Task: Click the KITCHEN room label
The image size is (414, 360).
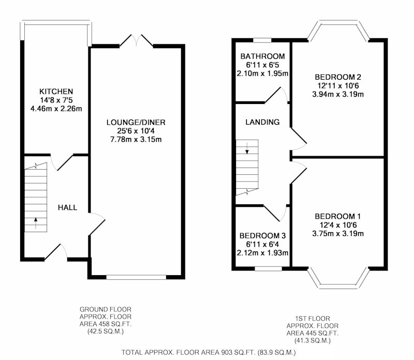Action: [x=56, y=92]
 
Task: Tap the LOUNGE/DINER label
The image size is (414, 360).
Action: [x=136, y=123]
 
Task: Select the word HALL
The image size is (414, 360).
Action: [x=68, y=207]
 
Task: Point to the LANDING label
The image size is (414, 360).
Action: [x=262, y=122]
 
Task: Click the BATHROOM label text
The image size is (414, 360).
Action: [x=263, y=56]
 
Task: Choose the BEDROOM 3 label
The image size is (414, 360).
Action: [x=262, y=236]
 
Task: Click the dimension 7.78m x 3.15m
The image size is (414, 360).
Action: [x=136, y=139]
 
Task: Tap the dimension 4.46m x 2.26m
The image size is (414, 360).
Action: [x=56, y=109]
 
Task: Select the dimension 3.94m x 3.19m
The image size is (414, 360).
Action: [x=338, y=94]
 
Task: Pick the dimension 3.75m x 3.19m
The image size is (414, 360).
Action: [x=338, y=234]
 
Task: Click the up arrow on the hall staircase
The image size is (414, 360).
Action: [x=36, y=223]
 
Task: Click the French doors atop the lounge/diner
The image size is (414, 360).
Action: [x=137, y=40]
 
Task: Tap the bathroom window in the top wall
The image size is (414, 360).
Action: [x=262, y=40]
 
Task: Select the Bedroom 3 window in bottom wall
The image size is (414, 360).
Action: [x=269, y=268]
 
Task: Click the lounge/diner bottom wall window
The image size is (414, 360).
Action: [x=136, y=277]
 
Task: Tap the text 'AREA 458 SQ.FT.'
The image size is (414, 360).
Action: [x=106, y=324]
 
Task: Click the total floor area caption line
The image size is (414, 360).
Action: [x=209, y=352]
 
